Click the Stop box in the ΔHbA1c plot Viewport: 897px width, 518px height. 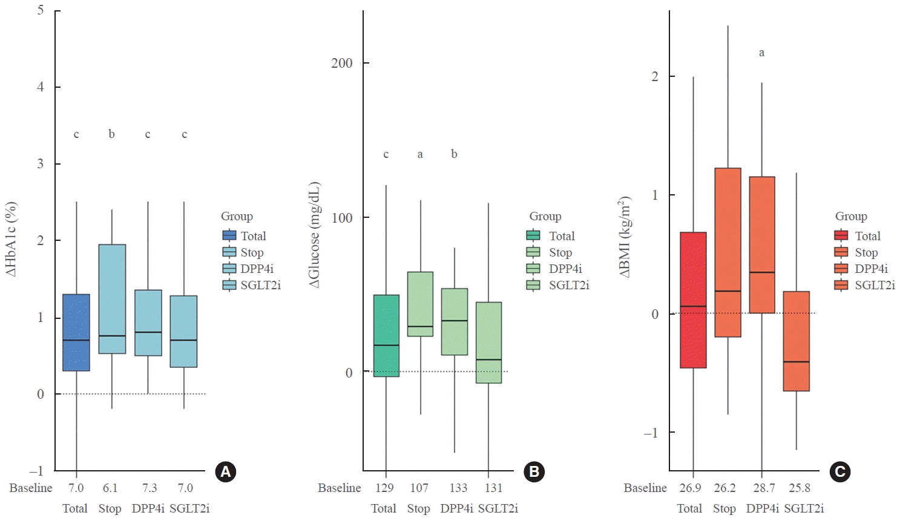tap(112, 299)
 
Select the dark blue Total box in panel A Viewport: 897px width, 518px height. tap(76, 332)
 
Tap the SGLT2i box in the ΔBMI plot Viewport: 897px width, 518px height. tap(796, 341)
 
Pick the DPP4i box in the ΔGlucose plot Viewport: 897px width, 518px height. tap(455, 321)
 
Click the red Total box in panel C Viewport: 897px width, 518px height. tap(693, 300)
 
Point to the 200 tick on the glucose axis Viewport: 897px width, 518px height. tap(342, 63)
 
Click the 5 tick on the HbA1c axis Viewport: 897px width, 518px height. tap(41, 10)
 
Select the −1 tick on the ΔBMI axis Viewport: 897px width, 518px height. tap(651, 433)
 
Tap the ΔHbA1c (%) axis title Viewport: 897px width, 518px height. tap(11, 239)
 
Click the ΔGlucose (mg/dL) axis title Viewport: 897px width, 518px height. tap(314, 235)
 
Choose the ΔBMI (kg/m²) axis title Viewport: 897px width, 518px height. tap(625, 237)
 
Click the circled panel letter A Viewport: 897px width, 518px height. tap(226, 471)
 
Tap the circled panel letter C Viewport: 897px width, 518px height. tap(840, 471)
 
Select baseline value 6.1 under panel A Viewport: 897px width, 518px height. tap(110, 488)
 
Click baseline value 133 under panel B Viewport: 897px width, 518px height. tap(458, 488)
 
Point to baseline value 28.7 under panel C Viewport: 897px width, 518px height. tap(764, 488)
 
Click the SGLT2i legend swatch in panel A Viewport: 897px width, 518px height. tap(229, 285)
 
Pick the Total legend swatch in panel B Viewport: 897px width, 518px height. tap(533, 236)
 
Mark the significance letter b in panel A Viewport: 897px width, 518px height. tap(111, 134)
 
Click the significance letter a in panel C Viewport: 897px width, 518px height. tap(761, 53)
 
